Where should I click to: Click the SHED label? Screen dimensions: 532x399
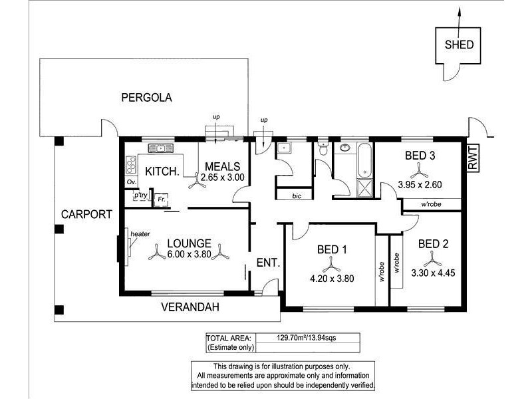[459, 45]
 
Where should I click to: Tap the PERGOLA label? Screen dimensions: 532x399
[146, 98]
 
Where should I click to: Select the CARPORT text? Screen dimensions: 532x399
[86, 214]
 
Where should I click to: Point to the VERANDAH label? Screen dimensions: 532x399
[190, 307]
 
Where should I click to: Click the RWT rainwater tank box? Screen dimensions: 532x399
[472, 158]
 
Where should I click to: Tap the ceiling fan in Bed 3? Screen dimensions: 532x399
[420, 171]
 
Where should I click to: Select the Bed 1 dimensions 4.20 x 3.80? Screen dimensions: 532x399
[332, 279]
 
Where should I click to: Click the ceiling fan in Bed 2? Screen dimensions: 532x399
[432, 259]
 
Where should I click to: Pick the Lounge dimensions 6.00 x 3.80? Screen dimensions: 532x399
[190, 254]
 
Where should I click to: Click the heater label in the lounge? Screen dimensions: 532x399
[140, 234]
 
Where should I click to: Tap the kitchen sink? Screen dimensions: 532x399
[160, 148]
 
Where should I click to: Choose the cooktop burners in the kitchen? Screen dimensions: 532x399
[130, 165]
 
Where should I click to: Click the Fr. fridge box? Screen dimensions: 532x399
[161, 200]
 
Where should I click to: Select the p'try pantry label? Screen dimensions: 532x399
[141, 195]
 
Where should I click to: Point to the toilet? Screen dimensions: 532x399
[323, 148]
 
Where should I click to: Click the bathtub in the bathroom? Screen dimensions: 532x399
[364, 160]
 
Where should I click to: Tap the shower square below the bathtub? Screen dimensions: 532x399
[364, 188]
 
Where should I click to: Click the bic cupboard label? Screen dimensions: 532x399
[297, 196]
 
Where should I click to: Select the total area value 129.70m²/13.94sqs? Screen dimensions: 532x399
[307, 338]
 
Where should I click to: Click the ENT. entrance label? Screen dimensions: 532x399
[269, 263]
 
